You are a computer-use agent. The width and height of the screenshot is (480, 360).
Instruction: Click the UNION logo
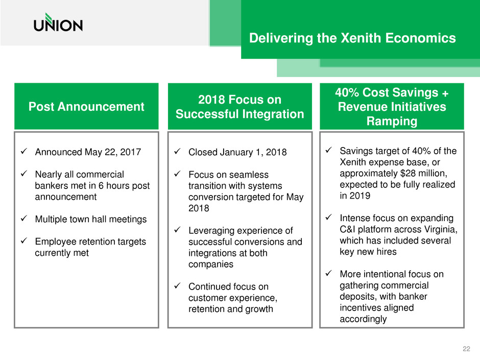(58, 22)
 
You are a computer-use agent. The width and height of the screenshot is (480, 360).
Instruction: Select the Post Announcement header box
(86, 106)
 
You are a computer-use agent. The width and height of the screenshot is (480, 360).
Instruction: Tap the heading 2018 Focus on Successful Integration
(239, 107)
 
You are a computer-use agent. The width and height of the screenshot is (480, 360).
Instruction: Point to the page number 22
(466, 349)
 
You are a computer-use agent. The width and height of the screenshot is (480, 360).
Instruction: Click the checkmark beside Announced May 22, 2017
(24, 151)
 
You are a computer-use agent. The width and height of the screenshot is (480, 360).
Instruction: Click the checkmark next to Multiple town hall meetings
(24, 219)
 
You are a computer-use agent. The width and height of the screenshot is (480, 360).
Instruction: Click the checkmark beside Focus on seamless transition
(177, 174)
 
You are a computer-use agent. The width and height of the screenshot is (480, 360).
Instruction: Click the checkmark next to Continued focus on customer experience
(177, 286)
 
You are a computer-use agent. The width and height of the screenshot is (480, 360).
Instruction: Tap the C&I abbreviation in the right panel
(347, 229)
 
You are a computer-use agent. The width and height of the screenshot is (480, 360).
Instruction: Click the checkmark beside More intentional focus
(329, 273)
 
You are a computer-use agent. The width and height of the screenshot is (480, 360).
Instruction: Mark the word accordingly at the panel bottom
(364, 319)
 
